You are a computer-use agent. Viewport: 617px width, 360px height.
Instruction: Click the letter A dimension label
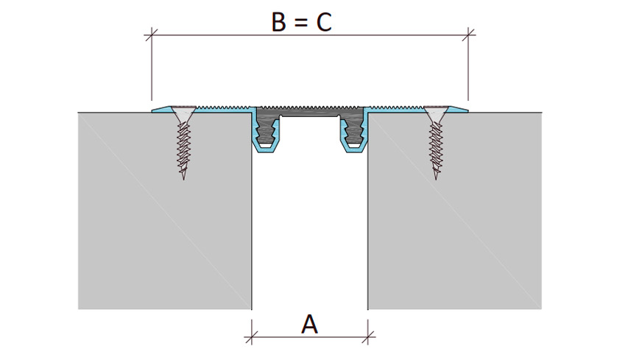coord(309,325)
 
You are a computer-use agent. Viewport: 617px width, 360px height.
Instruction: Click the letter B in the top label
coord(278,22)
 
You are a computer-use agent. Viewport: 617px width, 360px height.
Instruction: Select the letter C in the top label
coord(324,22)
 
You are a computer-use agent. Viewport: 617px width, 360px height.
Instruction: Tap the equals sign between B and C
coord(300,23)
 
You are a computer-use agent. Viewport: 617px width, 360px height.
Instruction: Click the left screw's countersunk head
coord(184,113)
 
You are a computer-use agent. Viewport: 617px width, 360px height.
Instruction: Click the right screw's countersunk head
coord(436,113)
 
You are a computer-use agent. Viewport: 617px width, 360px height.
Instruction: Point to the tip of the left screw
coord(184,179)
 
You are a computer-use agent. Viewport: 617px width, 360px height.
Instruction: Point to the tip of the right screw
coord(436,179)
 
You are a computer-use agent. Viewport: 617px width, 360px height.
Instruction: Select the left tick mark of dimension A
coord(252,337)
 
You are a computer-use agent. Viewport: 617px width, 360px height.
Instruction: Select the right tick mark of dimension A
coord(368,337)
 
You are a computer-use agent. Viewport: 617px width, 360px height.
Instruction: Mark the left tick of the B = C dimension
coord(152,35)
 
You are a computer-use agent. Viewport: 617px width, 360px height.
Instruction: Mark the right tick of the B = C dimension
coord(468,35)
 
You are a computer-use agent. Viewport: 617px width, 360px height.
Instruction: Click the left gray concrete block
coord(165,211)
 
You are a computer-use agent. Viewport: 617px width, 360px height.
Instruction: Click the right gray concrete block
coord(455,211)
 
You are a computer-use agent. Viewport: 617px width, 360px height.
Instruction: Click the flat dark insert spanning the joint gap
coord(310,111)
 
